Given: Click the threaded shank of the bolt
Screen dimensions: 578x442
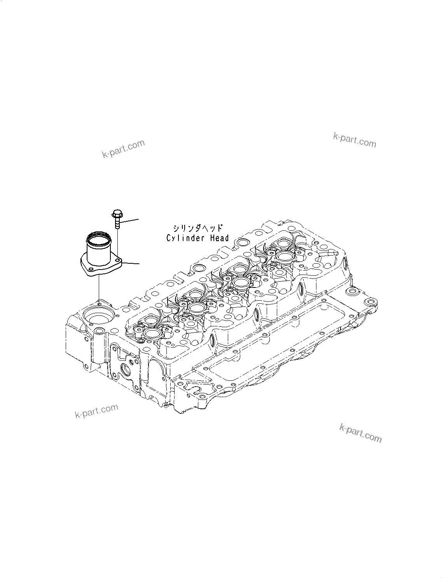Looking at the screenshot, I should coord(117,224).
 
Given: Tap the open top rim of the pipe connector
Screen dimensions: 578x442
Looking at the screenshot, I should coord(97,236).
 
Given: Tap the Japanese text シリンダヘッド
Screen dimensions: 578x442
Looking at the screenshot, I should coord(197,228).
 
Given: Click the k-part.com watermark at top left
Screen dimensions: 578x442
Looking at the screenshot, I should coord(123,149).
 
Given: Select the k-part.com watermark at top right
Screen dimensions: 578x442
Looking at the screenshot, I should coord(355,140).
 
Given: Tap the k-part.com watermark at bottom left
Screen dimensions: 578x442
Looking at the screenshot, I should coord(96,411).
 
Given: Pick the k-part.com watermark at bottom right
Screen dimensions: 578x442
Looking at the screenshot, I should coord(360,433).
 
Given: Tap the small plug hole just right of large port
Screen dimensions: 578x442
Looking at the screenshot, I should coord(100,331).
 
